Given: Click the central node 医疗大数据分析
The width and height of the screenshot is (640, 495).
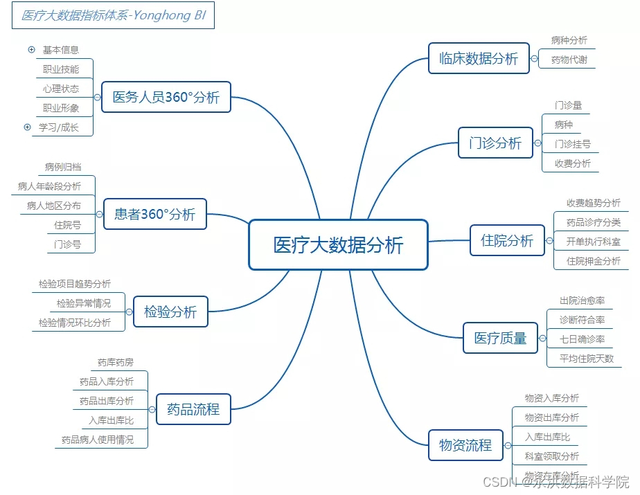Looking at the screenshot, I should tap(338, 245).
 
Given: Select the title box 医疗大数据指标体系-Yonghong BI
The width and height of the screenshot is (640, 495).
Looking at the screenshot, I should tap(113, 15).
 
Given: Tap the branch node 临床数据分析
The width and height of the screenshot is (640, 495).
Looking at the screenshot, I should tap(478, 59).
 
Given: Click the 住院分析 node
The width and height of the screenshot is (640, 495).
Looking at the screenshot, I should tap(507, 241).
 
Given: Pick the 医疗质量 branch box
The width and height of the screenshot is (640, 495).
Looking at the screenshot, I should tap(500, 338).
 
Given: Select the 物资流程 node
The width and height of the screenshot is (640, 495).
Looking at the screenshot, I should tap(465, 445).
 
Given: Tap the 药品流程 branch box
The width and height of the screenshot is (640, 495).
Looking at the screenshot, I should tap(193, 409).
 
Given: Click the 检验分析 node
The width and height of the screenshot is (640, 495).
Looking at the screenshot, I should tap(170, 312).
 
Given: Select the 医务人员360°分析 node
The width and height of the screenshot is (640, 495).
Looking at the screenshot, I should tap(166, 98).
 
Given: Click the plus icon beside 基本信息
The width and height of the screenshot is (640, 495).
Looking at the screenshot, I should tap(31, 50).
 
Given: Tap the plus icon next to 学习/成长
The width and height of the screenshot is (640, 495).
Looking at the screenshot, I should tap(27, 127).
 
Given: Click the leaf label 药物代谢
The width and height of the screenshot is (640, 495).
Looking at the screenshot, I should tap(569, 60).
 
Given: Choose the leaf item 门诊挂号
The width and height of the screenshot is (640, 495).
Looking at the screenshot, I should tap(572, 144).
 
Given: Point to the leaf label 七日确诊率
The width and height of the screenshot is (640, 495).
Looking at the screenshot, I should tap(582, 339).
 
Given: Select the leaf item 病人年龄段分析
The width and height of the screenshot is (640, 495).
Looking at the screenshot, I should tap(49, 186).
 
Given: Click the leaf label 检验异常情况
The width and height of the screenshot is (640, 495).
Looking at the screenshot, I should tap(83, 303).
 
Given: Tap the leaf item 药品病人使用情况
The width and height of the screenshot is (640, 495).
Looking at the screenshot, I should tap(97, 440).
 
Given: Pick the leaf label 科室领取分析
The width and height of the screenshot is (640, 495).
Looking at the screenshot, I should tap(551, 456).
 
